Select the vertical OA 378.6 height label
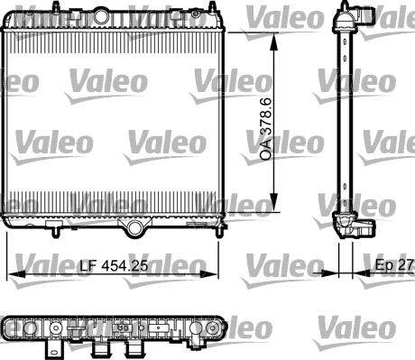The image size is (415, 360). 265,130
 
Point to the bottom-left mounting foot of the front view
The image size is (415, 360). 56,229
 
